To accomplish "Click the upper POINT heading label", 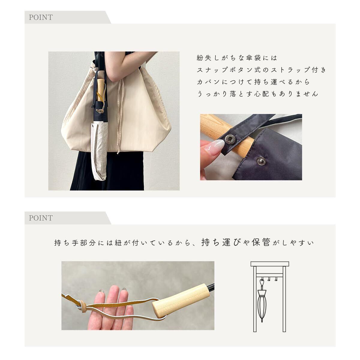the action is (x=41, y=17).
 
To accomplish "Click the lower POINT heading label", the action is (x=41, y=218).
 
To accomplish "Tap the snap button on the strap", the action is (x=229, y=139).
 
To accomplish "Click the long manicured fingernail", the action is (x=215, y=148).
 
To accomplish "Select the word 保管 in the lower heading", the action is (x=261, y=242).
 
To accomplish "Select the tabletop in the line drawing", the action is (x=270, y=264).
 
